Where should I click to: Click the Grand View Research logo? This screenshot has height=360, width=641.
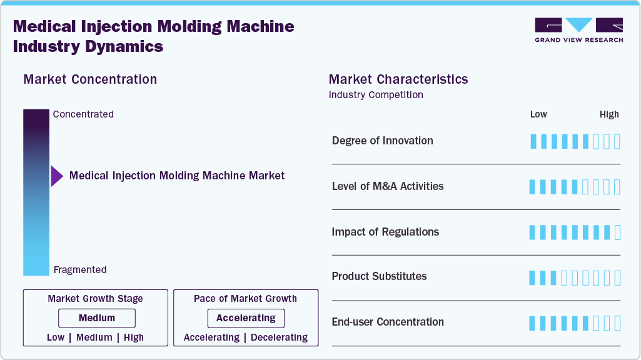point(578,30)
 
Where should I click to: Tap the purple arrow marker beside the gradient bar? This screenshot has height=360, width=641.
point(57,176)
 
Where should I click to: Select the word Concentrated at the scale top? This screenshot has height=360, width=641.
point(83,114)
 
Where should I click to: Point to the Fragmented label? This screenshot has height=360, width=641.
point(80,270)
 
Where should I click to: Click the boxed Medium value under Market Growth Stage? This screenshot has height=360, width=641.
point(96,318)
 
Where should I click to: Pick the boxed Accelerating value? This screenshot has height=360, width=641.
point(246,318)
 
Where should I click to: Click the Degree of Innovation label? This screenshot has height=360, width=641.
point(382,141)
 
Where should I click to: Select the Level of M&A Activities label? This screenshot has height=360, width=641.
point(388,186)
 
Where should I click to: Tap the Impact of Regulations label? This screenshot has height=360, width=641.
point(385,232)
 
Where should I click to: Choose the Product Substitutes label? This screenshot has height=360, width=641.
point(379,276)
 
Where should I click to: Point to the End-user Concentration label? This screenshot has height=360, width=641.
point(388,322)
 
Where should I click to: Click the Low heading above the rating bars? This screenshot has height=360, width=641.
point(538,114)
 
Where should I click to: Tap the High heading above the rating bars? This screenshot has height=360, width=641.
point(609,114)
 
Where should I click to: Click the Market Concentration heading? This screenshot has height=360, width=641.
point(90,79)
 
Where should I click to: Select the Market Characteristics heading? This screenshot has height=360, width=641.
point(398,79)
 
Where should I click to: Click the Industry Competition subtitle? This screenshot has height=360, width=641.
point(376,95)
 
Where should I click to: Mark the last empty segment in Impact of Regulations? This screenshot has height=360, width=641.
point(618,232)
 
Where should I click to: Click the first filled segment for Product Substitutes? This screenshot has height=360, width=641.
point(533,278)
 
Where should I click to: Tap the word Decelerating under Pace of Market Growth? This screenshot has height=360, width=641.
point(279,337)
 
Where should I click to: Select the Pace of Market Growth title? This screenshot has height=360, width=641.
point(245,299)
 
